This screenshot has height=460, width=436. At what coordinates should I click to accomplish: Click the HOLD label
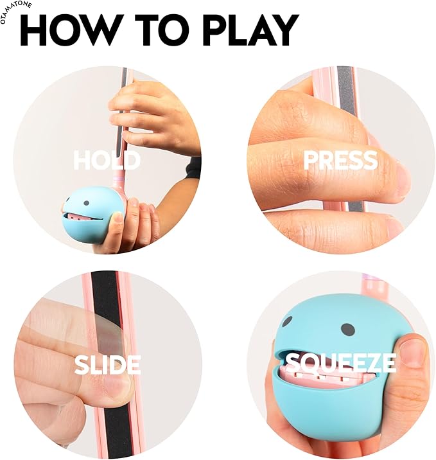107,160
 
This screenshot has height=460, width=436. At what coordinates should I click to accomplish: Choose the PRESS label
340,160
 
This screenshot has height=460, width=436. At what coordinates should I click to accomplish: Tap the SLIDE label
107,364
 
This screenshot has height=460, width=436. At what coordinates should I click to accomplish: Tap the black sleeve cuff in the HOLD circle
193,168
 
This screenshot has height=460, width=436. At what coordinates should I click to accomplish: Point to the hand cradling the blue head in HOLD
138,225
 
